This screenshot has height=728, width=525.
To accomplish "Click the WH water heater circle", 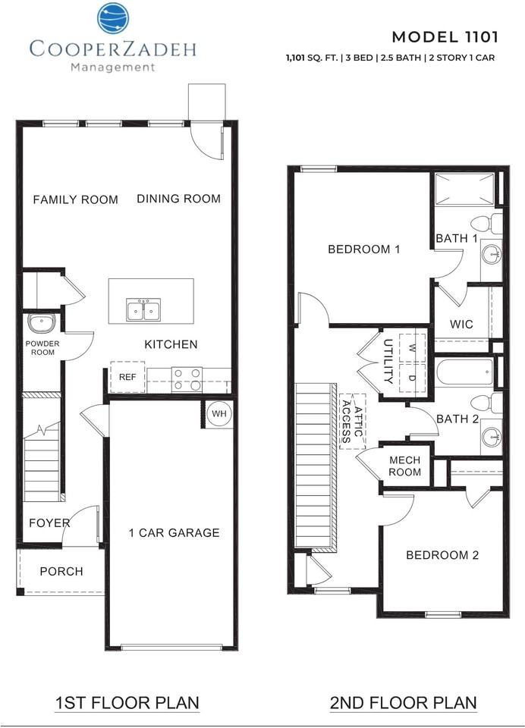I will pyautogui.click(x=218, y=413).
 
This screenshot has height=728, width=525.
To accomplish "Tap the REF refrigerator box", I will pyautogui.click(x=127, y=376).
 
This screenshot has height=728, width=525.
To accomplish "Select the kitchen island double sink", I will pyautogui.click(x=143, y=310).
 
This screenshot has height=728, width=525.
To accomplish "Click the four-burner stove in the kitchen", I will pyautogui.click(x=187, y=378).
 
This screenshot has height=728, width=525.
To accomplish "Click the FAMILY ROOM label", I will pyautogui.click(x=75, y=199).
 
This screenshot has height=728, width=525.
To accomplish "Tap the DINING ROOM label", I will pyautogui.click(x=178, y=199).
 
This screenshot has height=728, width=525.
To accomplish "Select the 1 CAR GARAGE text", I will pyautogui.click(x=174, y=532).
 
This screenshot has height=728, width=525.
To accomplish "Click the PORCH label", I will pyautogui.click(x=61, y=571).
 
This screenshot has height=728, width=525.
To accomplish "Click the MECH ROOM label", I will pyautogui.click(x=404, y=466).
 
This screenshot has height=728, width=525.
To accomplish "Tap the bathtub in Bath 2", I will pyautogui.click(x=464, y=373).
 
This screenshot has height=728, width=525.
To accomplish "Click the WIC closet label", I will pyautogui.click(x=461, y=324).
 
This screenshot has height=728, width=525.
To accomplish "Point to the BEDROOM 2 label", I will pyautogui.click(x=442, y=555).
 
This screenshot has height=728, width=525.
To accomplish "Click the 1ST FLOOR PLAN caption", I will pyautogui.click(x=127, y=703).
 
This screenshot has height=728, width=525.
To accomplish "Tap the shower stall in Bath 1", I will pyautogui.click(x=464, y=190).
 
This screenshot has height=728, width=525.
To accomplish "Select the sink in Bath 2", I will pyautogui.click(x=492, y=437).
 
